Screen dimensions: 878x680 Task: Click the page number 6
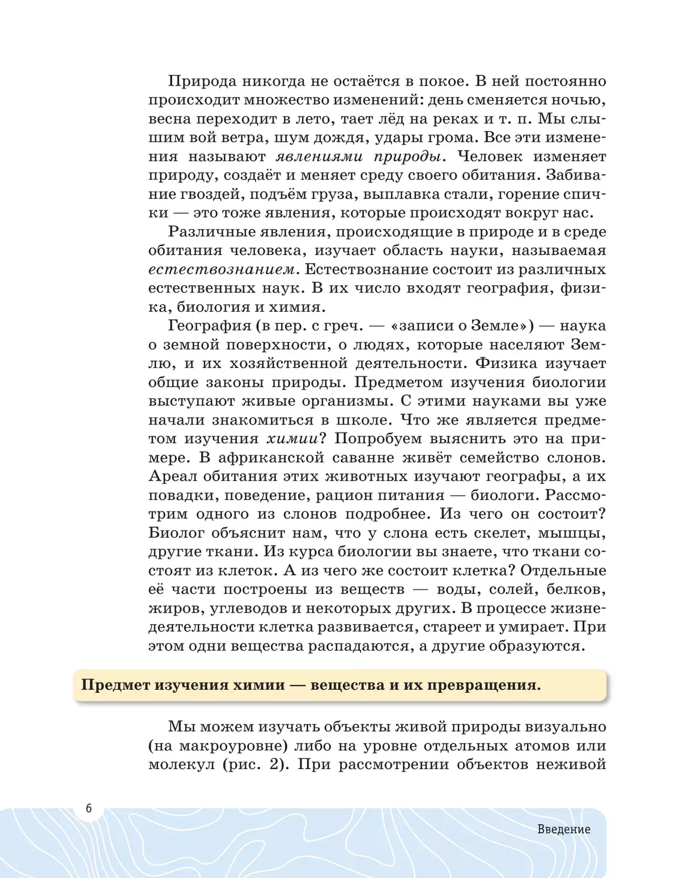tap(88, 808)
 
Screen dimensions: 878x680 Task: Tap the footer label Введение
tap(564, 829)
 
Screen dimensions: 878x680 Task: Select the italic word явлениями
tap(316, 156)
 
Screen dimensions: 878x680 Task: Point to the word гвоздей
tap(209, 194)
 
